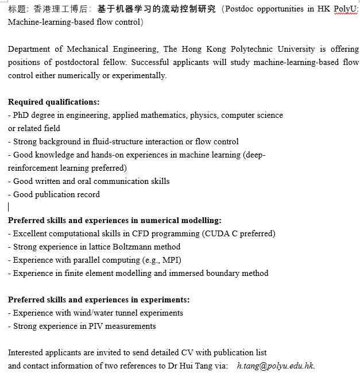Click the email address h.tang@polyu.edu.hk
pos(276,366)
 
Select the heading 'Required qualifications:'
pos(54,102)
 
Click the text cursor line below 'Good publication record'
pos(9,207)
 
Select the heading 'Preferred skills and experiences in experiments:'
pos(99,300)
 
